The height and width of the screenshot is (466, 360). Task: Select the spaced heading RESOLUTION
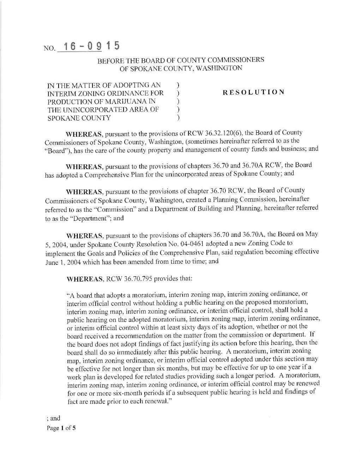point(253,92)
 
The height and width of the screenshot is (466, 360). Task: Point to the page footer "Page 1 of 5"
point(61,428)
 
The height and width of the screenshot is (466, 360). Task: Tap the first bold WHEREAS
point(84,134)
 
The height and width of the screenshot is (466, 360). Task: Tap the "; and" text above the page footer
point(53,418)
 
